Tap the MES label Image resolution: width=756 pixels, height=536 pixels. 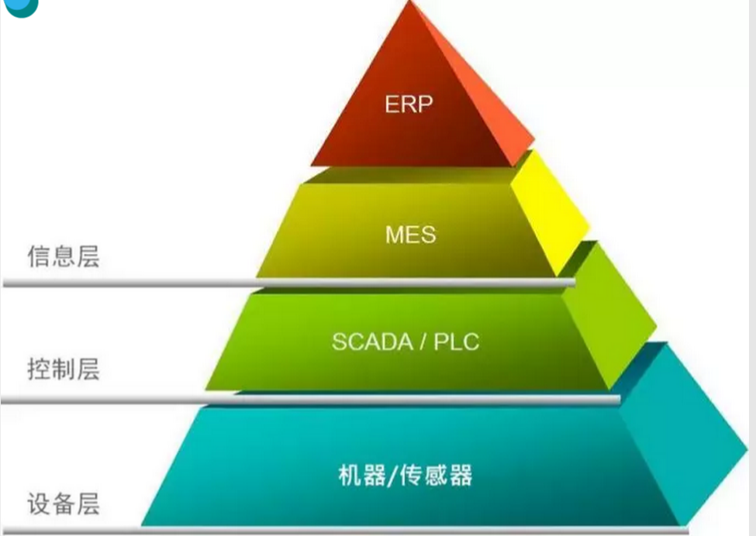point(410,233)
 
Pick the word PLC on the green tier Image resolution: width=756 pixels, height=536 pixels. point(454,342)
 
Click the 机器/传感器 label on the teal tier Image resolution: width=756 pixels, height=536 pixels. point(406,474)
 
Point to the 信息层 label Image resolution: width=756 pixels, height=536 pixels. point(64,256)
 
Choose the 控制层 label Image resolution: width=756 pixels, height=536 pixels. point(64,369)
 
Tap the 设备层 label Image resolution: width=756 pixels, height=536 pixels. point(64,505)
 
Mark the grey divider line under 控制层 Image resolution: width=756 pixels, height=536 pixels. point(116,399)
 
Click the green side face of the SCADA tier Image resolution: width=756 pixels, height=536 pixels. point(609,318)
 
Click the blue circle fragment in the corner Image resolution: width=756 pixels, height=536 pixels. point(19,6)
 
